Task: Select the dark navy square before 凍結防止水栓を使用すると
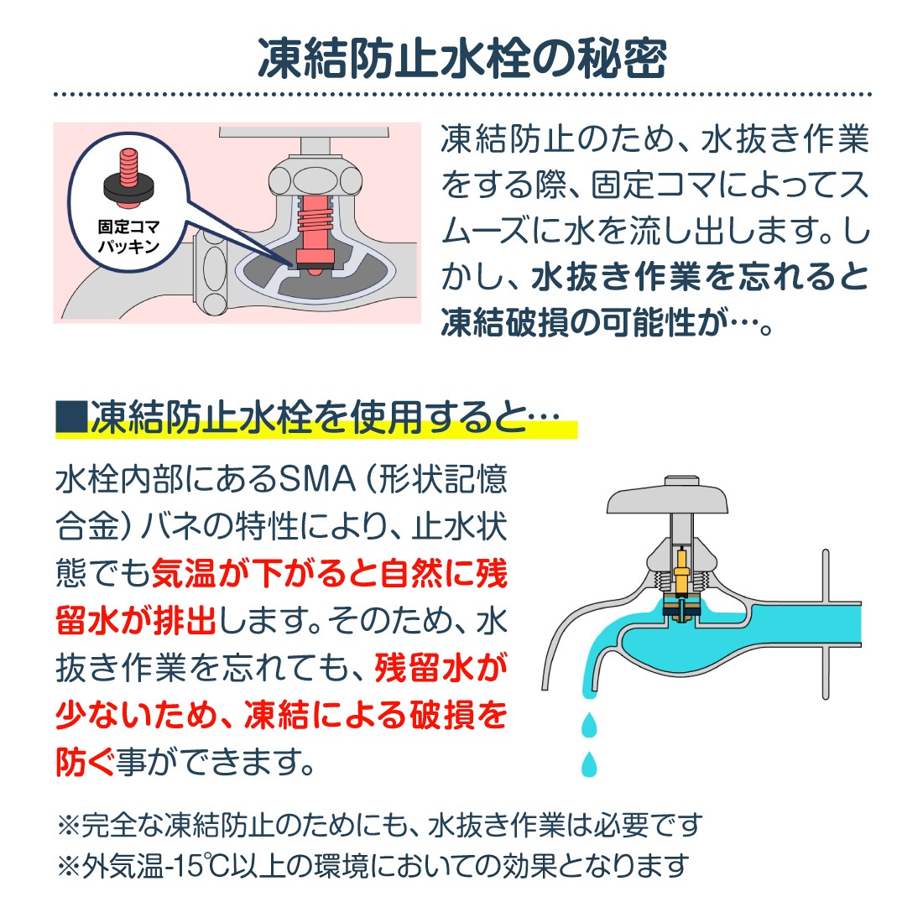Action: tap(70, 417)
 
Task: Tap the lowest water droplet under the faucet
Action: tap(590, 763)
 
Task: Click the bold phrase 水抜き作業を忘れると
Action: tap(701, 277)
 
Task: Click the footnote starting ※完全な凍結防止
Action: tap(378, 826)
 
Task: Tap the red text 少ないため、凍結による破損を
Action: tap(281, 716)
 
